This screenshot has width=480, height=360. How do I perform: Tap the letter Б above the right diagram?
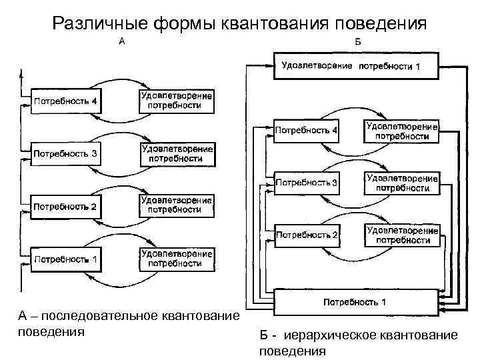[357, 41]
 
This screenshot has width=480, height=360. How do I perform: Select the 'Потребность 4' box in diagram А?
[65, 102]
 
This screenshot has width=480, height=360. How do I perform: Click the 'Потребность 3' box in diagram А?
[65, 154]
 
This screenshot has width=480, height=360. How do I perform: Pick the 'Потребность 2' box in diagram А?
[65, 207]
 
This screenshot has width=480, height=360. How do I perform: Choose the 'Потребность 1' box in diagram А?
[65, 259]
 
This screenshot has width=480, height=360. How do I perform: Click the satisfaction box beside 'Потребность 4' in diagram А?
[177, 101]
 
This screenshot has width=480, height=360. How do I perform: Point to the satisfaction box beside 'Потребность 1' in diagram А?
[177, 259]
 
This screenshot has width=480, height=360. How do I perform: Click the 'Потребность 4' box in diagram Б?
[307, 131]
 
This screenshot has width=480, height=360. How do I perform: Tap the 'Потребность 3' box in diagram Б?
[307, 182]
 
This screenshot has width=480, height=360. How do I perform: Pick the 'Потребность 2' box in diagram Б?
[307, 235]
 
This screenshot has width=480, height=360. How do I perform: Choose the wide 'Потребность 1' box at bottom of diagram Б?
[355, 303]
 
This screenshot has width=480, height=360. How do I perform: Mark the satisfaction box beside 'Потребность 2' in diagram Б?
[401, 235]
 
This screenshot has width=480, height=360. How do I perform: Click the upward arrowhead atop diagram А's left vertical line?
[23, 70]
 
